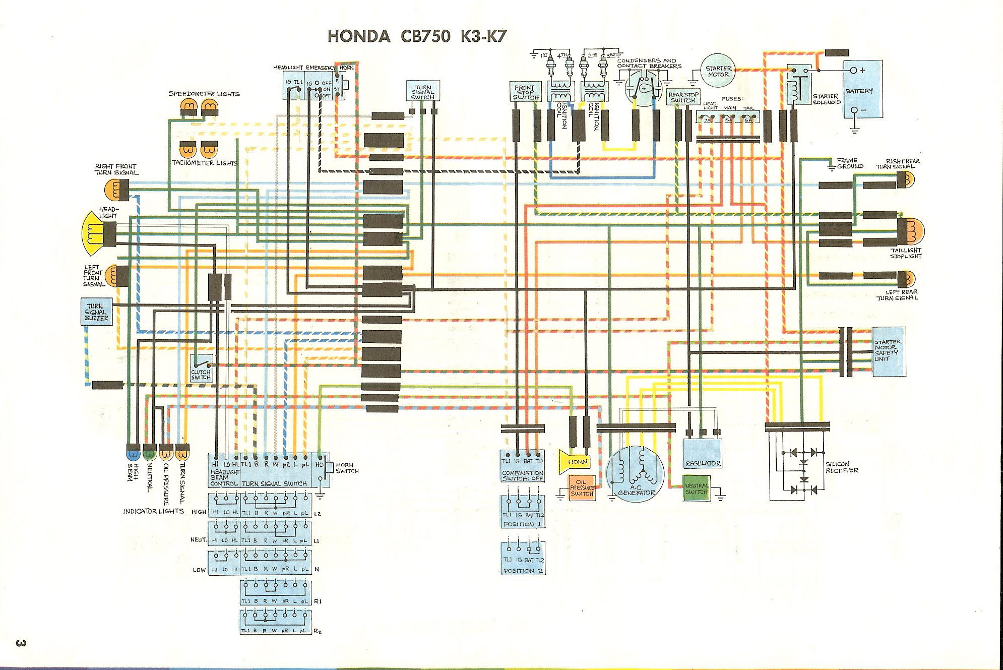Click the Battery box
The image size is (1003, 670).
863,90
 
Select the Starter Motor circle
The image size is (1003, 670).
718,72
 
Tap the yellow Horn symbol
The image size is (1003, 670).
575,461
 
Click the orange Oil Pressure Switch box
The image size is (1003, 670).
582,487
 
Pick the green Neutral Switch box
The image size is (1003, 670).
696,488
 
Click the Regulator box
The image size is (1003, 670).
703,453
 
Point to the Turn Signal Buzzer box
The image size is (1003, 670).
97,312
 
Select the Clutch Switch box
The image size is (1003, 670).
201,369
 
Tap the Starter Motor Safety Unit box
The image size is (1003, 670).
889,351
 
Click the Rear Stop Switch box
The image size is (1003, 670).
683,97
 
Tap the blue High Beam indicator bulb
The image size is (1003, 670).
134,452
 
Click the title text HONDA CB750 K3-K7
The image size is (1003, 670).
415,37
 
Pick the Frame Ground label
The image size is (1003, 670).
850,163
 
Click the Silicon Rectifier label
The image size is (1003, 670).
841,467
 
